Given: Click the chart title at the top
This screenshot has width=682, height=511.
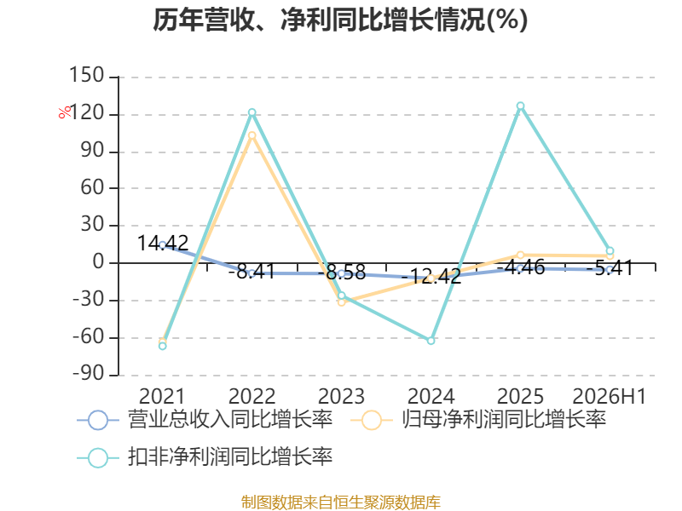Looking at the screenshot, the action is click(340, 20).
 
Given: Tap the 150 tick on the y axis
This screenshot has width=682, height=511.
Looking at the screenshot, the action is click(87, 75).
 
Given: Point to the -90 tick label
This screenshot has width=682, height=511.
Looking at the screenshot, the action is click(89, 374).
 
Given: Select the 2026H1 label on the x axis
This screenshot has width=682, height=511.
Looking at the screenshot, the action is click(610, 396).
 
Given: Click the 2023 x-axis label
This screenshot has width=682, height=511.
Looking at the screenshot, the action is click(342, 396).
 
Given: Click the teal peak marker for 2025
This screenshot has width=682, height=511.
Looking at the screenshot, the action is click(520, 106).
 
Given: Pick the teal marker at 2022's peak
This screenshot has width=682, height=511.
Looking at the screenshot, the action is click(251, 112).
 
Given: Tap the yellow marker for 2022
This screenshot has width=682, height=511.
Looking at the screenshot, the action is click(251, 135).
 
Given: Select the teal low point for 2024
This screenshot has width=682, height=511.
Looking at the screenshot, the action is click(431, 341).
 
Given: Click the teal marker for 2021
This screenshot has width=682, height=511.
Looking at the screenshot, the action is click(162, 346).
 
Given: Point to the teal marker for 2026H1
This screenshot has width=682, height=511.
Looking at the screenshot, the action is click(610, 250).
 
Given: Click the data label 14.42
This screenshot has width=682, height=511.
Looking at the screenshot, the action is click(163, 243).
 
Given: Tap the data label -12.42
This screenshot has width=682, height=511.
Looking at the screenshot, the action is click(431, 276).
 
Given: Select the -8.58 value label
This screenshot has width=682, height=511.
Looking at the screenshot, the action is click(342, 273).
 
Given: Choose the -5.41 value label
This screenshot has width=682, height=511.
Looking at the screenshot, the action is click(610, 268).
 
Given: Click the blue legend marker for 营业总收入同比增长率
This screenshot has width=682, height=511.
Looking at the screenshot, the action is click(98, 420).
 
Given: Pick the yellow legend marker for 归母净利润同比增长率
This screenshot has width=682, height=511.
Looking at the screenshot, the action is click(372, 420).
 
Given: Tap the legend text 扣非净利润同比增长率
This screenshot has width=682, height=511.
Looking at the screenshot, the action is click(230, 456).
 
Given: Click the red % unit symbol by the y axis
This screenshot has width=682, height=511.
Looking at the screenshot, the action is click(65, 112).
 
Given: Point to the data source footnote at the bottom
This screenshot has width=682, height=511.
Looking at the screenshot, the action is click(341, 502).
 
